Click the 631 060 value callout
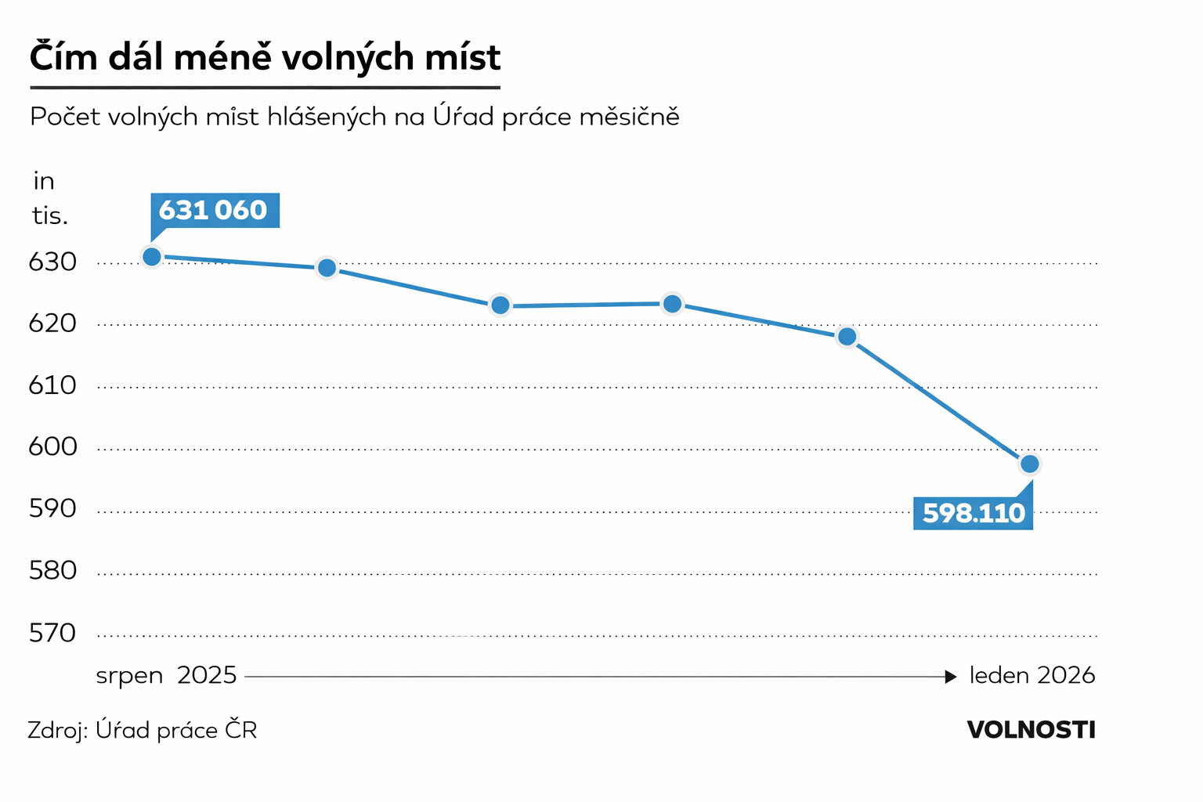click(x=214, y=210)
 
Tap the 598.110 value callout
click(x=973, y=513)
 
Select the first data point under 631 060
click(x=152, y=257)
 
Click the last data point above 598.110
click(x=1029, y=464)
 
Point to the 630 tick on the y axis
click(x=52, y=262)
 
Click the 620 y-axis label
click(x=52, y=323)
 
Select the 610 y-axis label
click(x=52, y=385)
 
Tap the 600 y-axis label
click(x=52, y=447)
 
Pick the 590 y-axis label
click(x=52, y=509)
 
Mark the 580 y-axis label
click(x=52, y=571)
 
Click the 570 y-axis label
click(x=52, y=633)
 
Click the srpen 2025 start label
click(x=166, y=675)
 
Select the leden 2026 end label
click(x=1031, y=675)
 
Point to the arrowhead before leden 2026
click(x=951, y=677)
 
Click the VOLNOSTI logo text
click(x=1031, y=730)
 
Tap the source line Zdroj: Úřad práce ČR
click(x=142, y=731)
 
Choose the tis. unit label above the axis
click(x=49, y=215)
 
